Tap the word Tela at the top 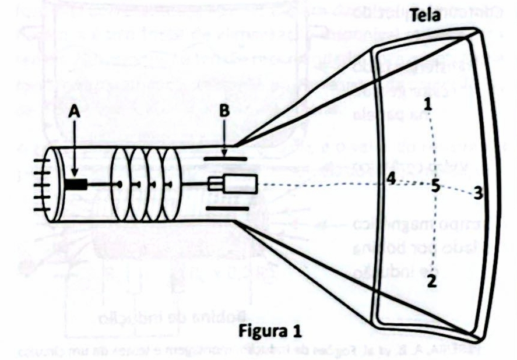(439, 16)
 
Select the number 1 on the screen (428, 105)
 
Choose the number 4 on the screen (391, 180)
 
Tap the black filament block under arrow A (76, 184)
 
